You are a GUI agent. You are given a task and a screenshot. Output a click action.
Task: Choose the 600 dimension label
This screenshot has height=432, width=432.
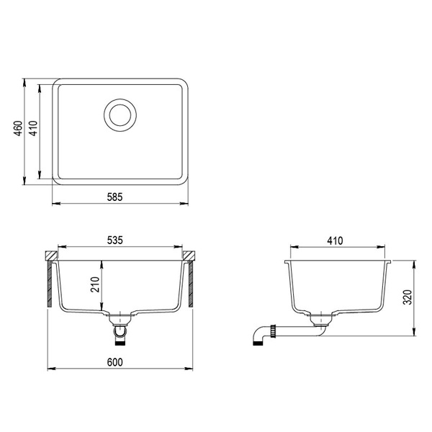tap(120, 361)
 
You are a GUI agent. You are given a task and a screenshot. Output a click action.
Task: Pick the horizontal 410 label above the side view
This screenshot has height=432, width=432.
tap(339, 241)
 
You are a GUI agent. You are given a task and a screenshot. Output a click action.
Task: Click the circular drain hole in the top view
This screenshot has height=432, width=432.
tap(120, 114)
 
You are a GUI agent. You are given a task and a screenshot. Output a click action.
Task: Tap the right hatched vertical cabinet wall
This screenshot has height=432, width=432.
tap(191, 284)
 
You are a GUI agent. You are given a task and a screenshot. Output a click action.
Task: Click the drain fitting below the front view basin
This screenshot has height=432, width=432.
tap(120, 328)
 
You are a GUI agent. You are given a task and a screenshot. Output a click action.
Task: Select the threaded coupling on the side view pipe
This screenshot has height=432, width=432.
tap(274, 331)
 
